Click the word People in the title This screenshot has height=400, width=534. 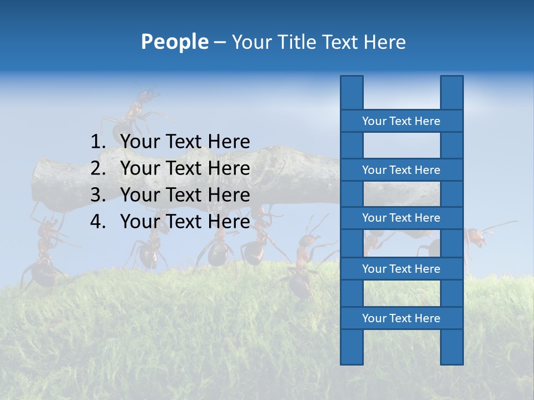[x=174, y=42]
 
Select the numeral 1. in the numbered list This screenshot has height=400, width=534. [x=98, y=142]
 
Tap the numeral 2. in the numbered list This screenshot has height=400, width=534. [x=98, y=168]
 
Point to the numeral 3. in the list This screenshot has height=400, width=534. [x=98, y=195]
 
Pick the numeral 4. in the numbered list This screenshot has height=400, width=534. [x=98, y=222]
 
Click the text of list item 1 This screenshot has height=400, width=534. [x=185, y=142]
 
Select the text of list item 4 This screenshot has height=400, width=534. [x=185, y=222]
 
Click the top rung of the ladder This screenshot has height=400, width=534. [x=401, y=121]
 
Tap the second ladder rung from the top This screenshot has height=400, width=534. [x=401, y=169]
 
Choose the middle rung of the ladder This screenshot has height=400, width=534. [x=401, y=218]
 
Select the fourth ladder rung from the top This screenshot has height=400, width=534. [x=401, y=268]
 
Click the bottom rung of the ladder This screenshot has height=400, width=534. [x=401, y=318]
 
